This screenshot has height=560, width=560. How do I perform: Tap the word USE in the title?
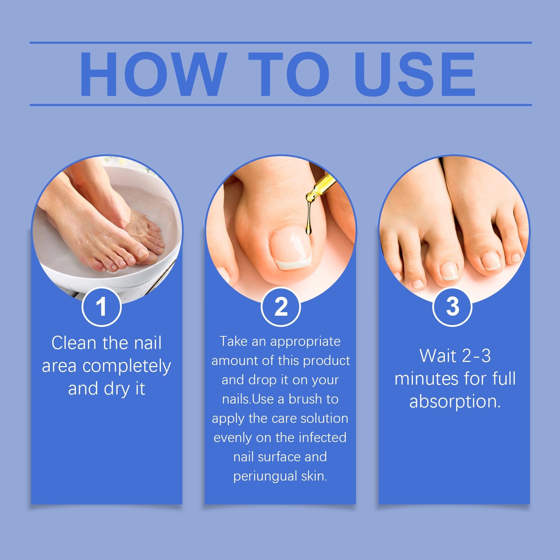(x=415, y=74)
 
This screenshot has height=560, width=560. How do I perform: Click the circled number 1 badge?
(x=101, y=307)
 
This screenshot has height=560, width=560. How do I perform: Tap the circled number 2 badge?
(x=281, y=307)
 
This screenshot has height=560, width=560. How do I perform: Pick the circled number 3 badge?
(x=452, y=307)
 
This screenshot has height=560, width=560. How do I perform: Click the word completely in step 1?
(x=127, y=366)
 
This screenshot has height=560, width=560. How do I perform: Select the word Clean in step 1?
(x=73, y=343)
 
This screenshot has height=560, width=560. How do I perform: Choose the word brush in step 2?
(x=305, y=399)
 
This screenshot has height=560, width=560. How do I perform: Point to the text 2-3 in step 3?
(x=476, y=356)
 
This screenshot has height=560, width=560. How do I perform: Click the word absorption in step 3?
(x=455, y=401)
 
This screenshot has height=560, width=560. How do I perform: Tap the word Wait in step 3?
(x=437, y=356)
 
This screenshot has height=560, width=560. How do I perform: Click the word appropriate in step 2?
(x=305, y=342)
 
